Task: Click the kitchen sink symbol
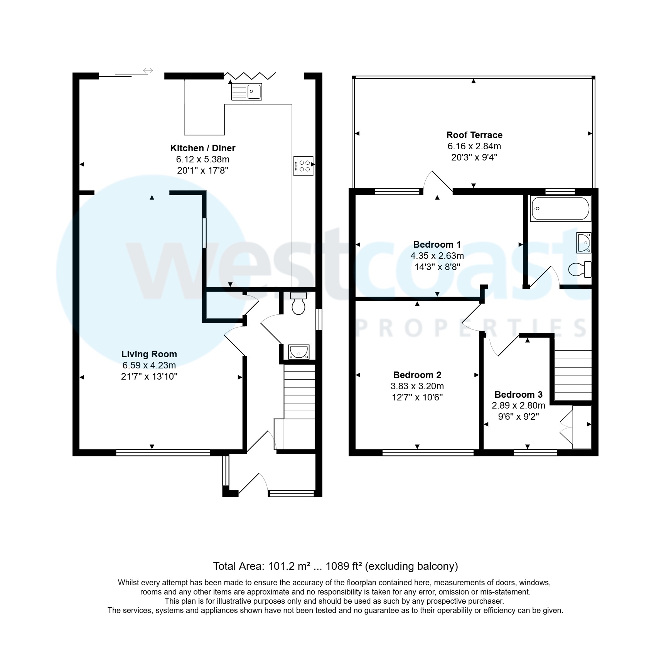point(246,92)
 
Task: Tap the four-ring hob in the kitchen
point(303,165)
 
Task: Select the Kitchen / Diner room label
point(203,148)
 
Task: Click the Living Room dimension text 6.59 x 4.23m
point(149,365)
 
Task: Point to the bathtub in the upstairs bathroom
point(560,209)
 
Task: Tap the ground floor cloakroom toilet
point(298,304)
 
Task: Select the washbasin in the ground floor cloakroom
point(299,352)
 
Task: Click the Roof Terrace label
point(474,135)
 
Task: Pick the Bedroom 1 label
point(437,245)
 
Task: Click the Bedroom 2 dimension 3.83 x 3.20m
point(417,386)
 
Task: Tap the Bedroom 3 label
point(518,395)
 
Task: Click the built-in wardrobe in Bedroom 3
point(581,427)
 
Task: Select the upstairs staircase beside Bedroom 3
point(573,371)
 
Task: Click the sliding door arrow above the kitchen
point(148,71)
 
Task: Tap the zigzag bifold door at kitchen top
point(250,75)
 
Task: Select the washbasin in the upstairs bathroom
point(583,243)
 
